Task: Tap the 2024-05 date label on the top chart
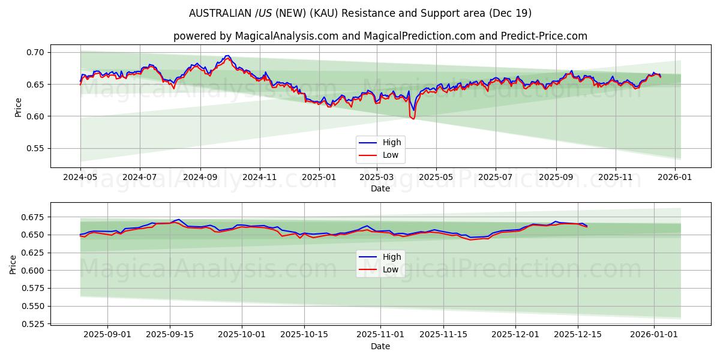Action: [80, 178]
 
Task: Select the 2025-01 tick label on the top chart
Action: [319, 178]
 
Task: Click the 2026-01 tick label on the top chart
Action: [676, 178]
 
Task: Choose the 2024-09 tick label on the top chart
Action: [200, 178]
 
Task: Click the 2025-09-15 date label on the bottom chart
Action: [170, 335]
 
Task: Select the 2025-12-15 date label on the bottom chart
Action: [578, 335]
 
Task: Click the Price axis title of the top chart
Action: [19, 106]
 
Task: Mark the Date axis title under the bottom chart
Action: [380, 346]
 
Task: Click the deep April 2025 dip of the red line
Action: [413, 119]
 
